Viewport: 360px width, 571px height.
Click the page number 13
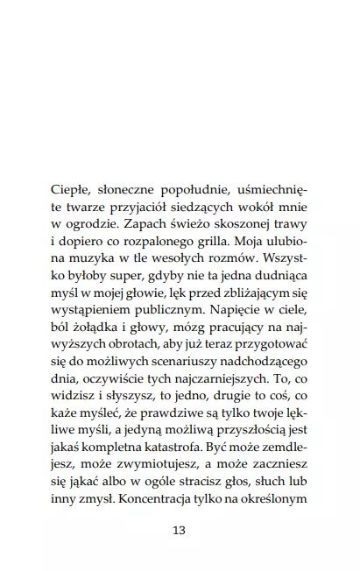[180, 530]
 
